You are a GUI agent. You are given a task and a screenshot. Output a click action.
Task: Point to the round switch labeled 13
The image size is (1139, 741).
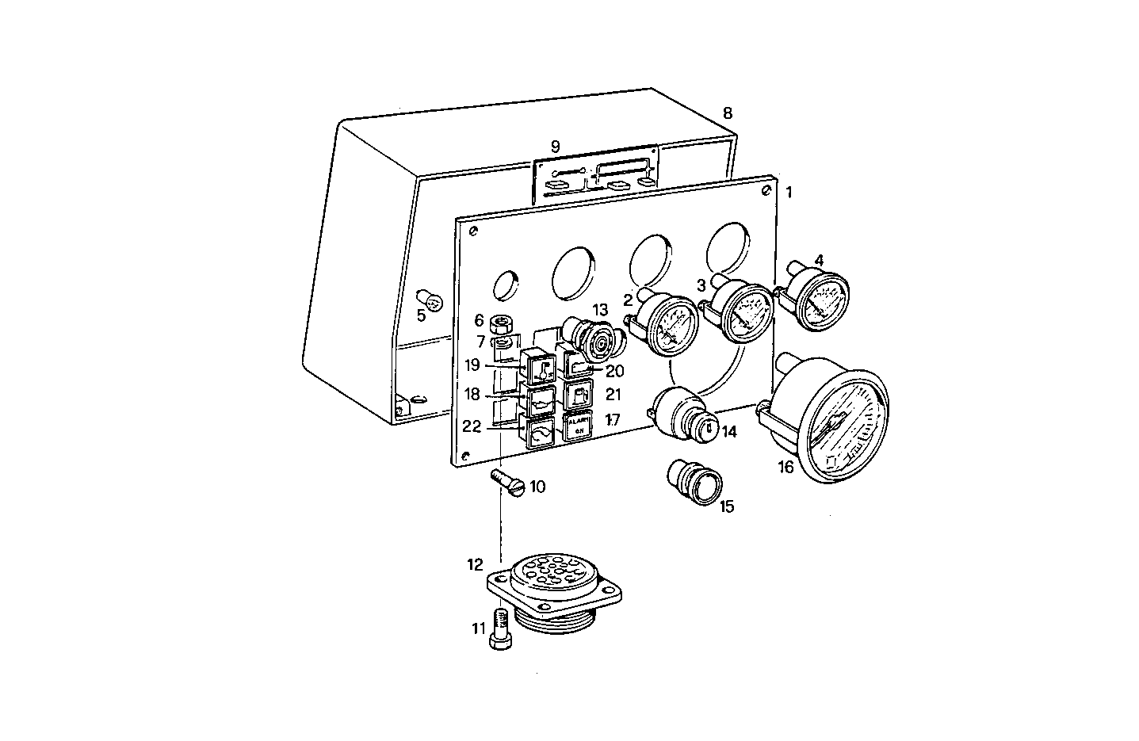tap(594, 339)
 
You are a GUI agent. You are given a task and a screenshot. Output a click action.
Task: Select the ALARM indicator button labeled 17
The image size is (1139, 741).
tap(578, 426)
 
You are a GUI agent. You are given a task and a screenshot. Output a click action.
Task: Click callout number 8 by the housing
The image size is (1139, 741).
tap(728, 113)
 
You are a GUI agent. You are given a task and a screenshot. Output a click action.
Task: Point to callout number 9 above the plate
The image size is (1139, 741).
tap(555, 146)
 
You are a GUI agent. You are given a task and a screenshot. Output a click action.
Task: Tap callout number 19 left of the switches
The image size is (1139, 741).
tap(472, 365)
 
